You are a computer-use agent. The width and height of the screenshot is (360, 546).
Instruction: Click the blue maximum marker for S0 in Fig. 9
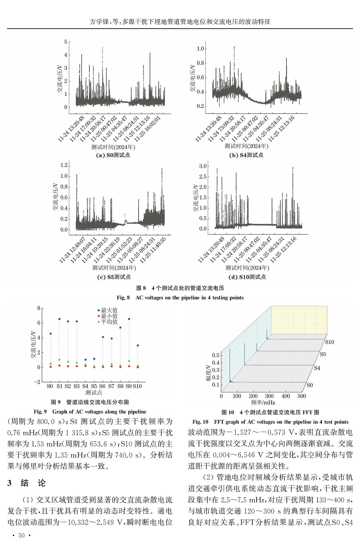pyautogui.click(x=51, y=334)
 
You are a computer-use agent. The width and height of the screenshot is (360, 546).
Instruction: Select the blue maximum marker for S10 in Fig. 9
pyautogui.click(x=138, y=346)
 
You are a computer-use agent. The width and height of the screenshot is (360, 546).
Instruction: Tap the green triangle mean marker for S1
pyautogui.click(x=59, y=359)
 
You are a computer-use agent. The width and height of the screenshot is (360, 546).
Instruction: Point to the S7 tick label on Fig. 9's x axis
pyautogui.click(x=111, y=386)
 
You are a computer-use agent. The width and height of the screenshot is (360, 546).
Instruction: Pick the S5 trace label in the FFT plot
pyautogui.click(x=323, y=354)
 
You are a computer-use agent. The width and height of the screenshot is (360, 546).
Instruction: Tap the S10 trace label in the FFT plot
pyautogui.click(x=329, y=342)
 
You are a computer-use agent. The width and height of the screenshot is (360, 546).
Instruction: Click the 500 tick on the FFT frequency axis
pyautogui.click(x=302, y=396)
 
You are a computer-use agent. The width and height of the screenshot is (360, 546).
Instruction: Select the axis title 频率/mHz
pyautogui.click(x=263, y=402)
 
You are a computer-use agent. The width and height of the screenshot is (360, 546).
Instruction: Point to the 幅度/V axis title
pyautogui.click(x=208, y=373)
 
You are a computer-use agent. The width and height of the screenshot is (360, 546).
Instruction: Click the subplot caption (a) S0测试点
pyautogui.click(x=113, y=155)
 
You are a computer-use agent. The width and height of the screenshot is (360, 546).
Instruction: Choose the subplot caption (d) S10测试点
pyautogui.click(x=247, y=277)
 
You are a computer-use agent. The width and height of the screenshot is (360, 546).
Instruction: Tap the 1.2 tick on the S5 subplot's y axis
pyautogui.click(x=64, y=165)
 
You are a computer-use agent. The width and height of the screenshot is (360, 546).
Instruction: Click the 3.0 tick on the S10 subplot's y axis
pyautogui.click(x=203, y=166)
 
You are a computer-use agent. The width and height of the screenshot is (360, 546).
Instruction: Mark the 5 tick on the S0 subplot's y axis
pyautogui.click(x=66, y=42)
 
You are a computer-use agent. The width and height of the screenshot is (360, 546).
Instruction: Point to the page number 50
pyautogui.click(x=22, y=535)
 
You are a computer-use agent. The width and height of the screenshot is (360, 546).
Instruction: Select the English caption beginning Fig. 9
pyautogui.click(x=90, y=412)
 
